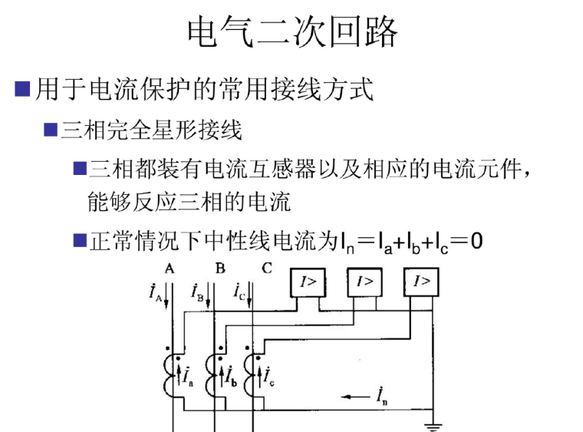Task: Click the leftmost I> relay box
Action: point(307,282)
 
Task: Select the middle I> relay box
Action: point(365,282)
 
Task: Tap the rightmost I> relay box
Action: point(422,282)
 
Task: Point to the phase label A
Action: point(170,269)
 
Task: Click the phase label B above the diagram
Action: point(220,269)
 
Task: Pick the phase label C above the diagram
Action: point(266,269)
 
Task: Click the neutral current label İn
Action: point(382,395)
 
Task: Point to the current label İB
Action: point(199,292)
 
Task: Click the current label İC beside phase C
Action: point(241,292)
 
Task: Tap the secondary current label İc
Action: point(270,375)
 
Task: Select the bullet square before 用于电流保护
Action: point(23,91)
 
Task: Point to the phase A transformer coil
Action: point(170,376)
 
